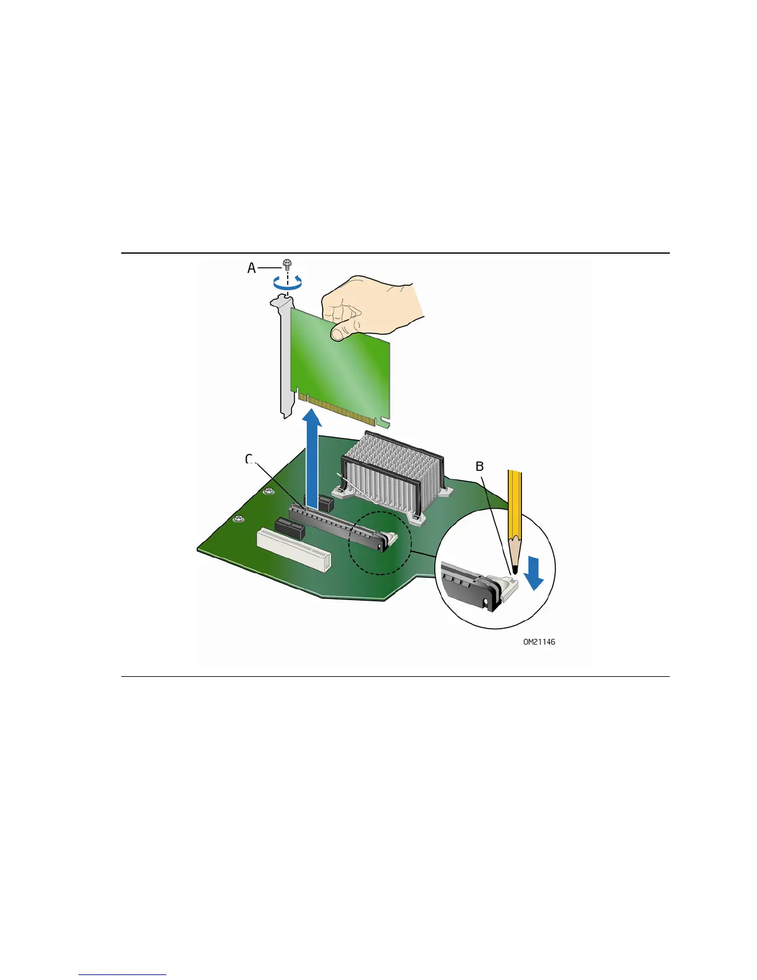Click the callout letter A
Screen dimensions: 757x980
coord(251,268)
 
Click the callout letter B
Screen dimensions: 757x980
coord(479,466)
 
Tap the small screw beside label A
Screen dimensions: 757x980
coord(287,264)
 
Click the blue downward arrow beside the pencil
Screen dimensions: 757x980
coord(534,572)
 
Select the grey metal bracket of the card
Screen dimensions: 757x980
coord(284,359)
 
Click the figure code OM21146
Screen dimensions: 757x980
coord(539,642)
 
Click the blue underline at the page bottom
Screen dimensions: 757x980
coord(122,974)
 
